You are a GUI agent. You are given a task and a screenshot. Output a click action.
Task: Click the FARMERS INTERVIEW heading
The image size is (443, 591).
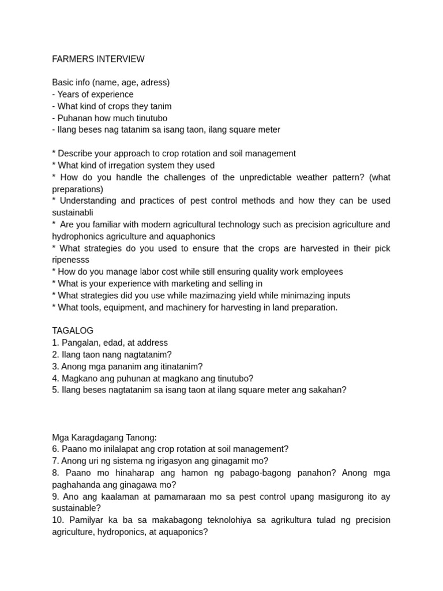pos(98,59)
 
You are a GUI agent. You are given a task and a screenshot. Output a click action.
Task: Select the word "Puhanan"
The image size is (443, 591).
pos(74,118)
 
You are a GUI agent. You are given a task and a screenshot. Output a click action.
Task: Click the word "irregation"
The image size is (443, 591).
pos(124,166)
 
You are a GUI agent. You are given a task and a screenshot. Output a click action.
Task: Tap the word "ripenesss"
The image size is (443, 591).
pos(72,260)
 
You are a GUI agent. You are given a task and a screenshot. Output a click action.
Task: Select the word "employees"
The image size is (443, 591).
pos(321,272)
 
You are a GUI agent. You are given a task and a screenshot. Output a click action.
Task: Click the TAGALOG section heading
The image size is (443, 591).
pos(73,331)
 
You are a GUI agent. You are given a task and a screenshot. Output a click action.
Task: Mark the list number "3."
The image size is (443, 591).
pos(55,366)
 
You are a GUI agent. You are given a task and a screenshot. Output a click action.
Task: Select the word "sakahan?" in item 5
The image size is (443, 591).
pos(328,390)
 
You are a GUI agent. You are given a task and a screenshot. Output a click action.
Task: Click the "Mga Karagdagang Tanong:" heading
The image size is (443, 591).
pos(104,437)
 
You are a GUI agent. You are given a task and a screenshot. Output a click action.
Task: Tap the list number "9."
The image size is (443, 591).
pos(55,496)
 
